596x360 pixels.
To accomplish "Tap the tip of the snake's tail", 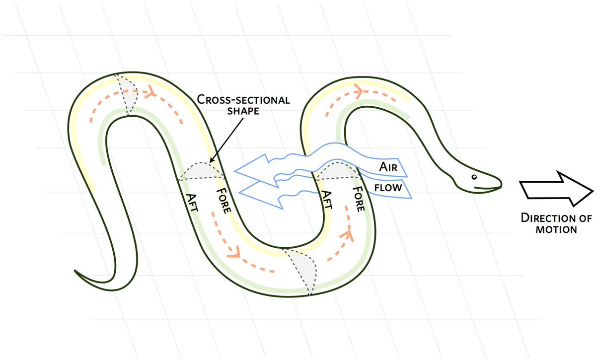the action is (75, 271).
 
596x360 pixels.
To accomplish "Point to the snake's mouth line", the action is (489, 187).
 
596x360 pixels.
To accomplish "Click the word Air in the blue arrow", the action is (388, 167).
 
